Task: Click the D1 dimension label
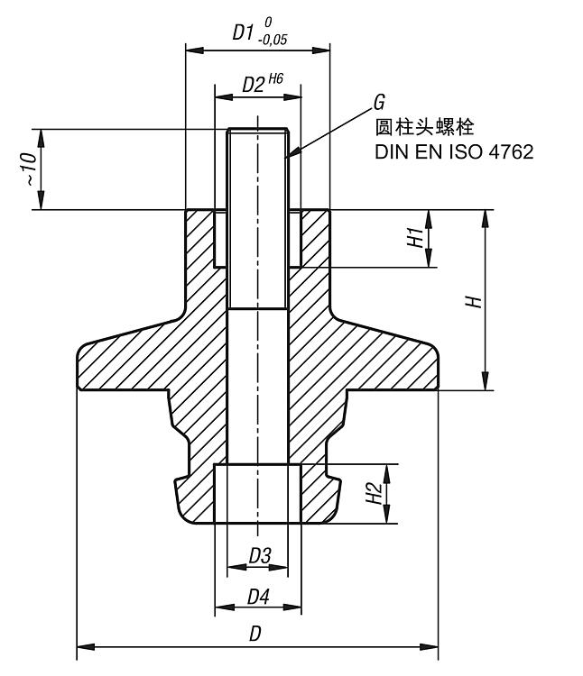(x=243, y=33)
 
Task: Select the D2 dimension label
(x=252, y=86)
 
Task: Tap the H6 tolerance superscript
(x=274, y=79)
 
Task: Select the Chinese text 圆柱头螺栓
(x=423, y=126)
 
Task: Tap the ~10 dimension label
(x=29, y=169)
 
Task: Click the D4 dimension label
(x=258, y=597)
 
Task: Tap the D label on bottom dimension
(x=255, y=635)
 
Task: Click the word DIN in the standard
(x=390, y=151)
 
